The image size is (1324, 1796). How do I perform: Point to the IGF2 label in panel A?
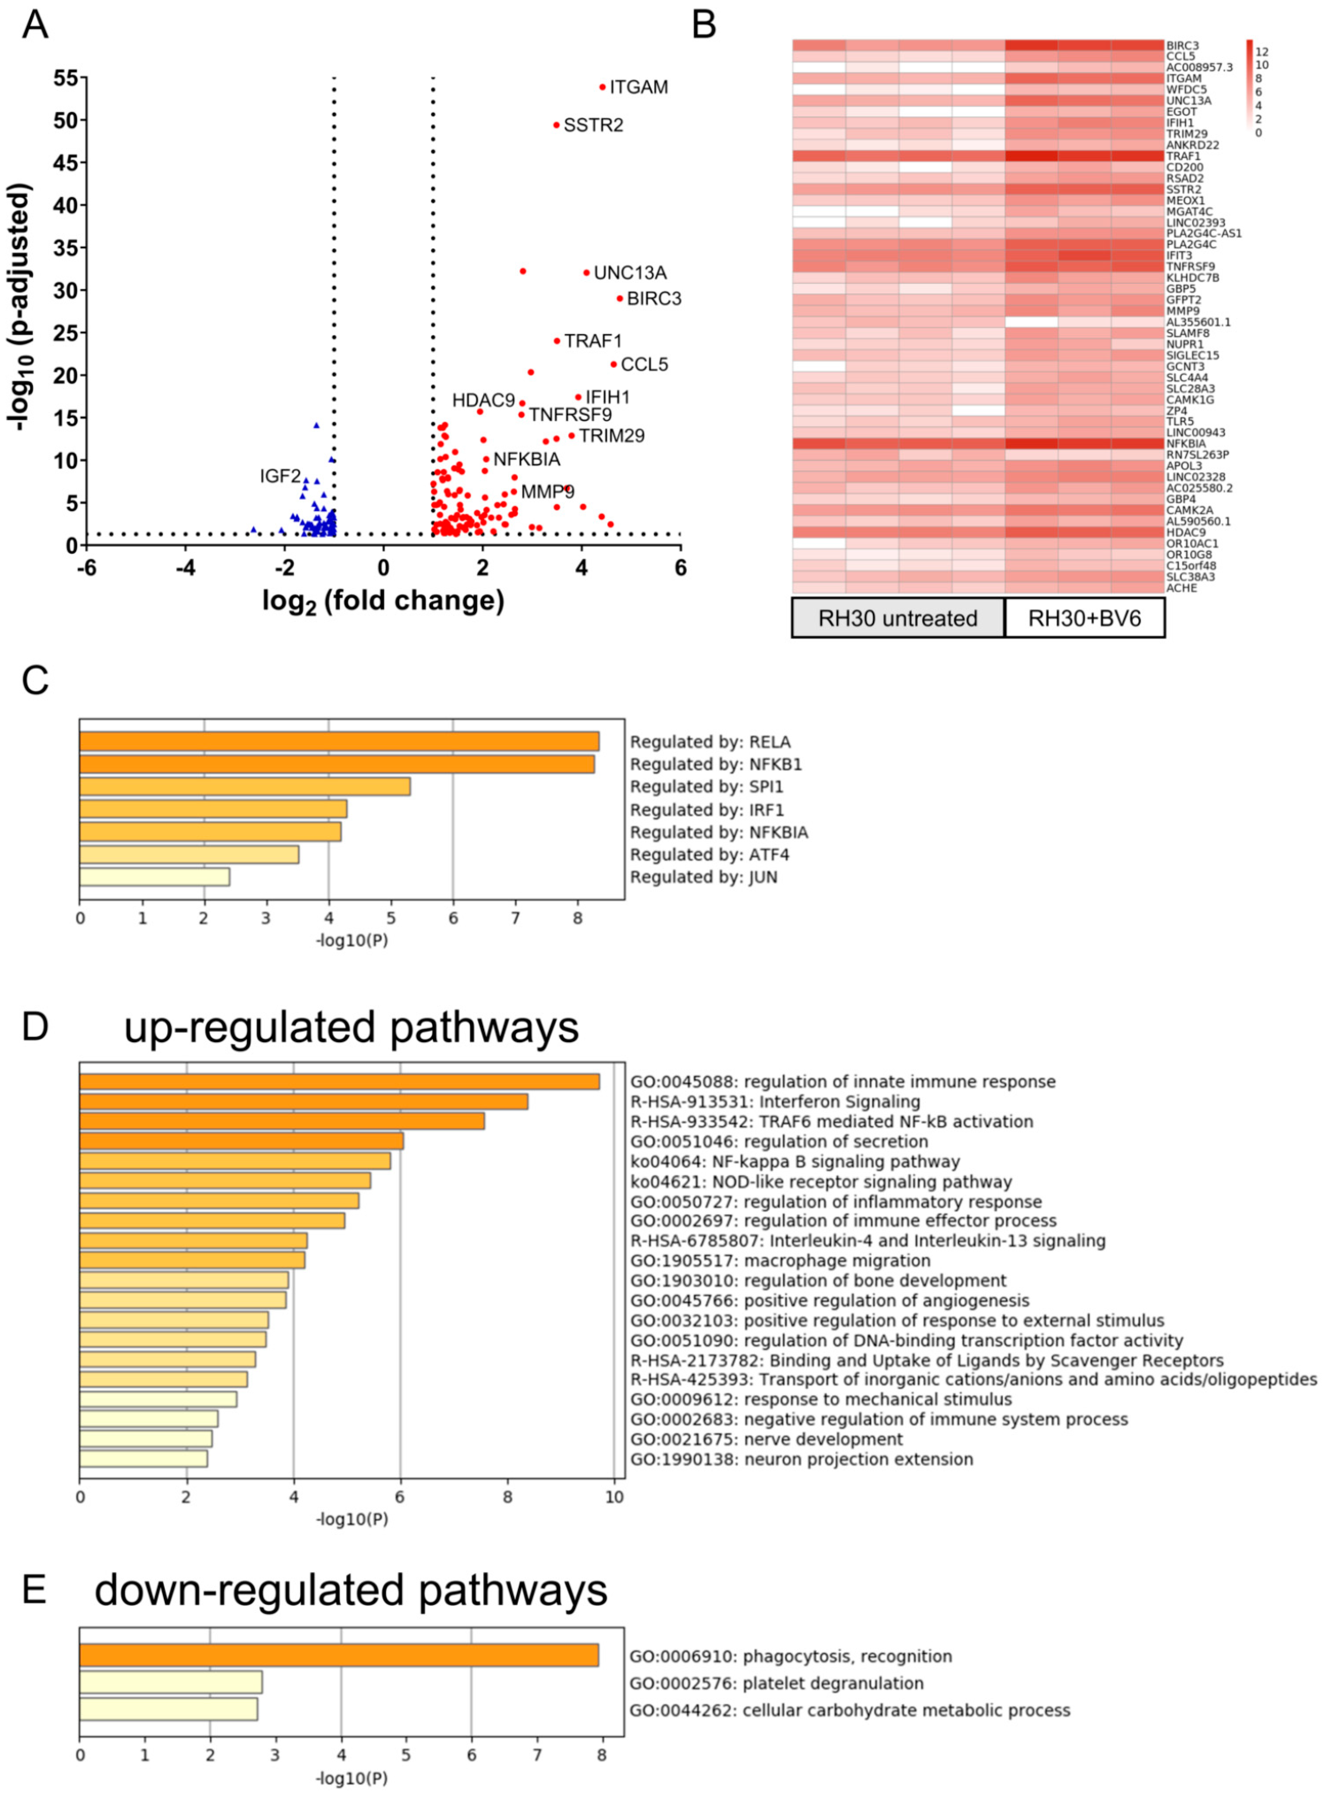coord(280,477)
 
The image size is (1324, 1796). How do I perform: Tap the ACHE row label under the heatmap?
coord(1181,588)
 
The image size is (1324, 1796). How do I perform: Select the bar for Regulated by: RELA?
coord(339,741)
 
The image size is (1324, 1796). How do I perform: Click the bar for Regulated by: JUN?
coord(155,877)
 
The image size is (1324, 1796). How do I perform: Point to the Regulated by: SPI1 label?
coord(706,787)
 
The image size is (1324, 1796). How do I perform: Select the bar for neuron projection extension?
coord(144,1459)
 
